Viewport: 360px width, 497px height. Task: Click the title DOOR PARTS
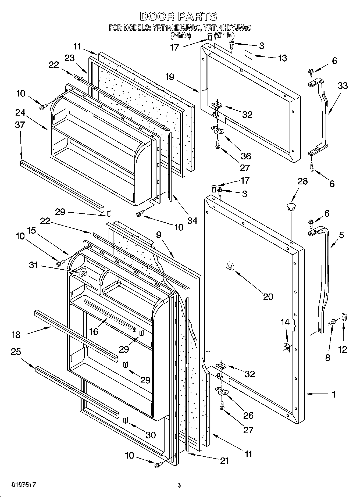(x=178, y=17)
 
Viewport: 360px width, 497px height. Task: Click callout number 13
(x=283, y=58)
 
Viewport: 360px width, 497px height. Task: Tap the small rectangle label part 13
(x=248, y=55)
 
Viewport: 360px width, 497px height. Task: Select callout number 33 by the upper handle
(x=343, y=86)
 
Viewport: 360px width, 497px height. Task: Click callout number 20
(x=268, y=296)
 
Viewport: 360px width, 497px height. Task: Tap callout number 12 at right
(x=343, y=349)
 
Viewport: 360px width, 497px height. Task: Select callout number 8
(x=327, y=357)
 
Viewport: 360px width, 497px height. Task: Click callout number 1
(x=333, y=394)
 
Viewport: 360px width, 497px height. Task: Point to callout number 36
(x=246, y=156)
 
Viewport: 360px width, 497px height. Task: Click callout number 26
(x=248, y=415)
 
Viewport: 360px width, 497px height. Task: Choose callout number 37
(x=20, y=125)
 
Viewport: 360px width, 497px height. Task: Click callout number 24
(x=20, y=113)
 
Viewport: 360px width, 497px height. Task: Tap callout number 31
(x=33, y=266)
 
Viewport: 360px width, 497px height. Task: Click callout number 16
(x=94, y=331)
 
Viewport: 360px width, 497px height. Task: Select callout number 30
(x=150, y=435)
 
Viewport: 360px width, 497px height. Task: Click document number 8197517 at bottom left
(x=24, y=485)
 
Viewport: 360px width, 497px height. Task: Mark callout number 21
(x=224, y=461)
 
